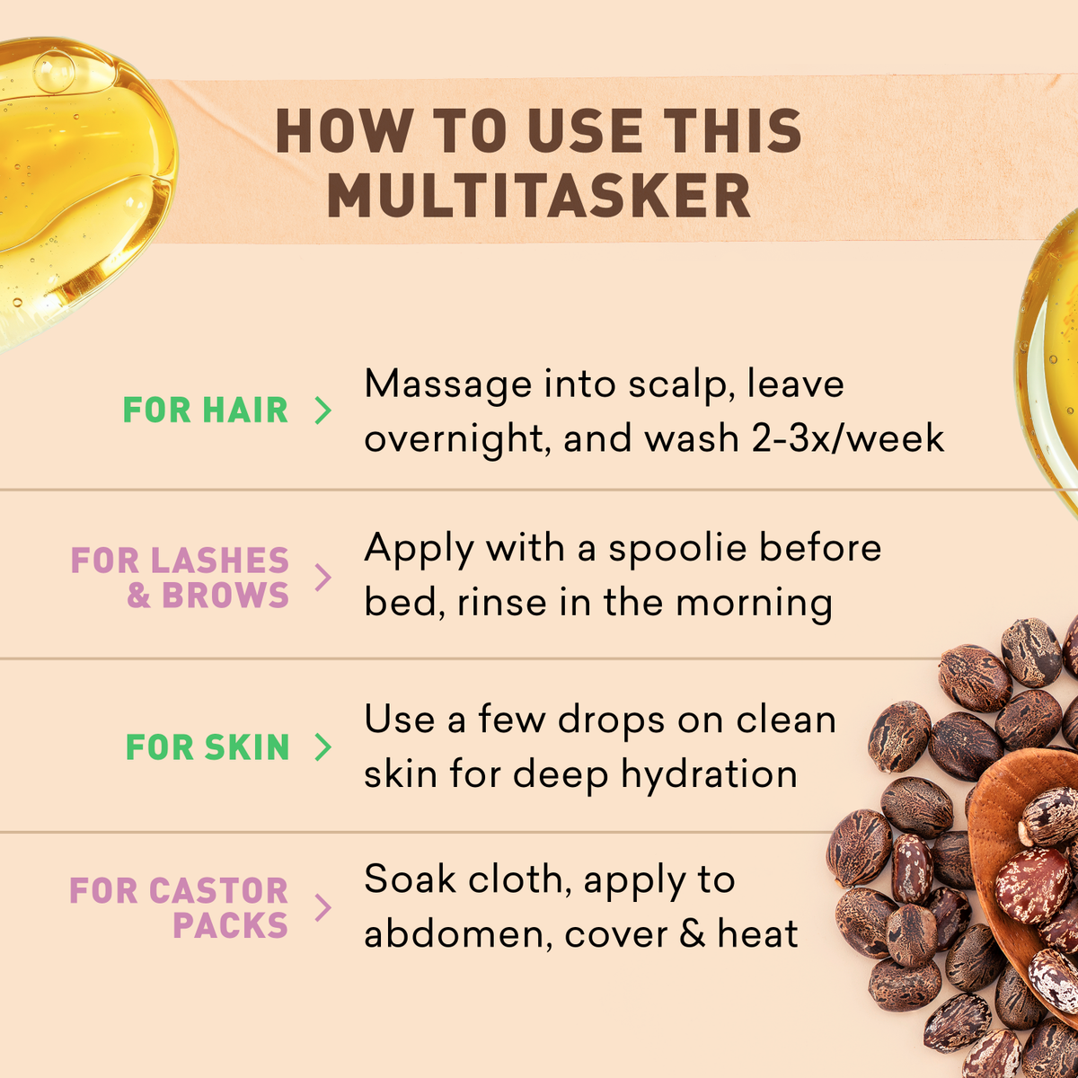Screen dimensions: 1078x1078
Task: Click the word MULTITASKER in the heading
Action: pyautogui.click(x=539, y=196)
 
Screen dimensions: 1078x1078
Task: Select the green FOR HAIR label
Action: pyautogui.click(x=206, y=411)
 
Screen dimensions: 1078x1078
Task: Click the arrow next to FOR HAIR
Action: pyautogui.click(x=323, y=411)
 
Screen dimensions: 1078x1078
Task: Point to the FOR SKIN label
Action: pyautogui.click(x=208, y=747)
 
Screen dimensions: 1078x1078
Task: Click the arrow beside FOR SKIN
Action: pyautogui.click(x=323, y=747)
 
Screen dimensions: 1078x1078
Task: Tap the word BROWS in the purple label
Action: pyautogui.click(x=225, y=596)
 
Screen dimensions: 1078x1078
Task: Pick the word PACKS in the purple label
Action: pyautogui.click(x=230, y=925)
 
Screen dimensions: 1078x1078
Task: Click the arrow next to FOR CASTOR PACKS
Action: pyautogui.click(x=323, y=907)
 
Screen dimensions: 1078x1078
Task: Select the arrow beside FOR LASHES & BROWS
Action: pyautogui.click(x=323, y=578)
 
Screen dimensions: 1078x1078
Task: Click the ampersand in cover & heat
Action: pyautogui.click(x=693, y=935)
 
